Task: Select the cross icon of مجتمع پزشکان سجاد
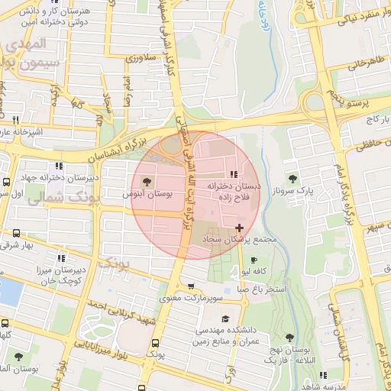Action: tap(241, 227)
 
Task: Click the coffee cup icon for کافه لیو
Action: tap(254, 260)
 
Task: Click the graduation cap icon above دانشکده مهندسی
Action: tap(225, 318)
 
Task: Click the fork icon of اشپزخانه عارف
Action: tap(15, 120)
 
